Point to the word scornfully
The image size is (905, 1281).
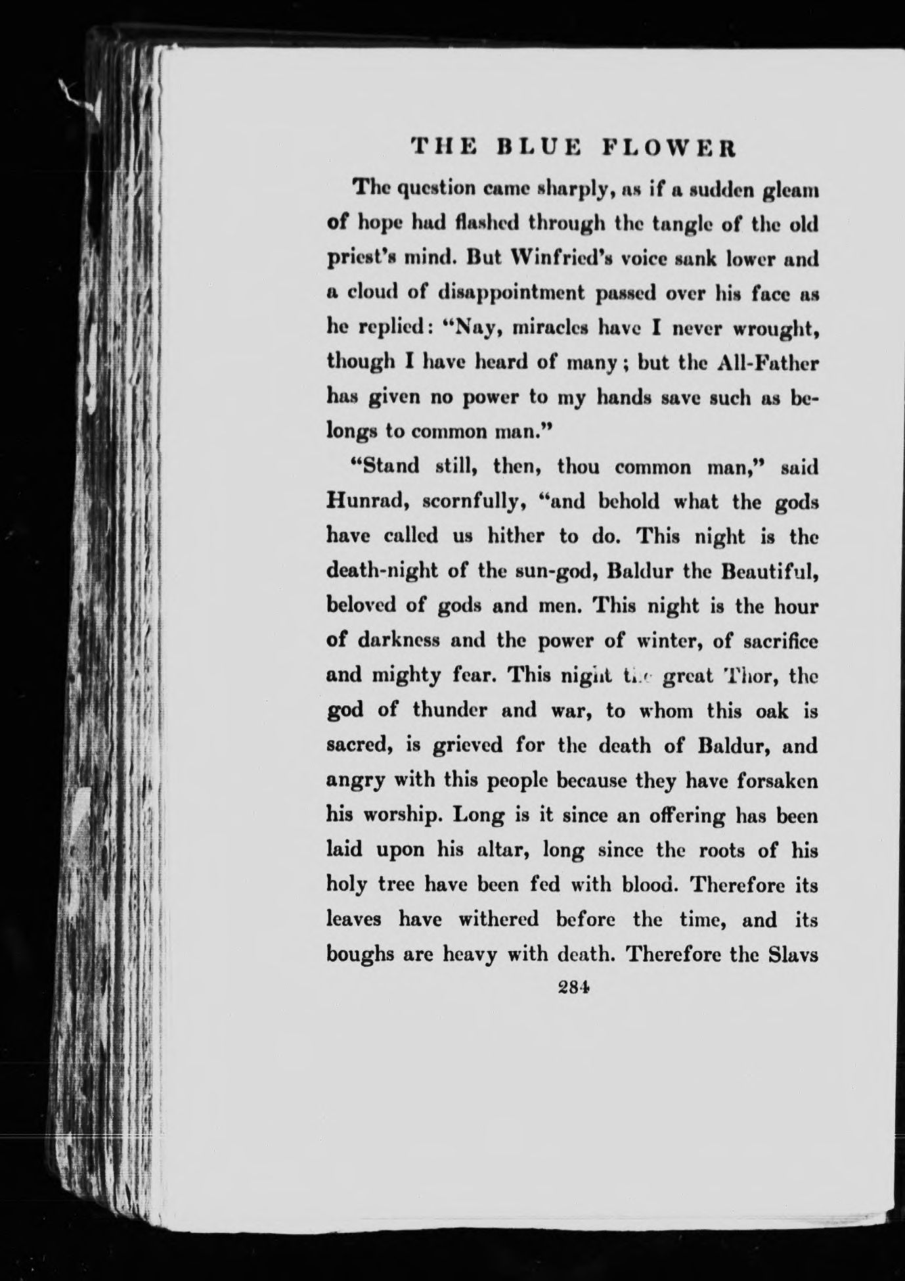pos(468,503)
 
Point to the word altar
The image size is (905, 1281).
pos(499,850)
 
